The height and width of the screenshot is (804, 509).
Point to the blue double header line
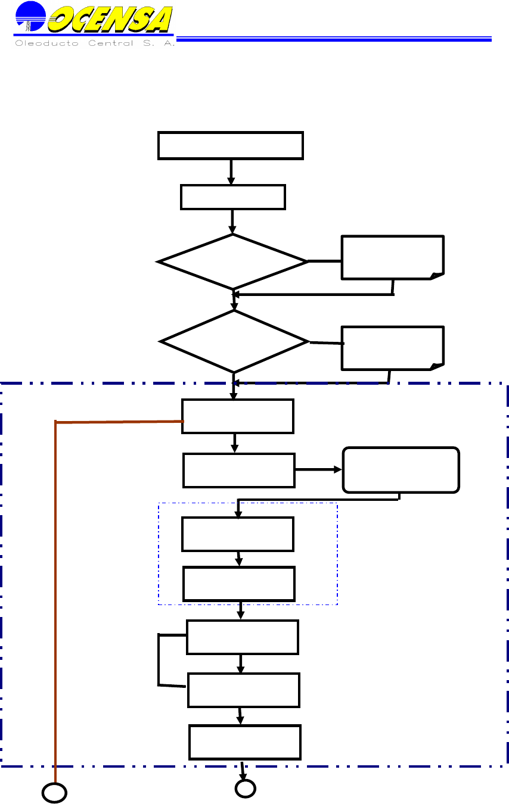tap(334, 39)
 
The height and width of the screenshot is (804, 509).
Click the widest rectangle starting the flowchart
tap(231, 145)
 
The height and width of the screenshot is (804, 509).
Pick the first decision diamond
tap(232, 261)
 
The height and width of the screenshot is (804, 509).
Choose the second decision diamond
tap(234, 341)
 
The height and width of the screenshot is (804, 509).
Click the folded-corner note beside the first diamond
tap(392, 257)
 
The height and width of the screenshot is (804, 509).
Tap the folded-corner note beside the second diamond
tap(392, 348)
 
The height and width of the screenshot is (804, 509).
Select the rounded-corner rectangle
tap(401, 469)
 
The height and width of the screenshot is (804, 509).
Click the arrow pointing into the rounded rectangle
tap(319, 470)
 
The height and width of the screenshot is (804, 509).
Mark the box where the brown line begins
tap(237, 416)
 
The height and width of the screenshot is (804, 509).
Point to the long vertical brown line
tap(55, 596)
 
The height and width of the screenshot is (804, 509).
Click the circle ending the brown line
tap(54, 793)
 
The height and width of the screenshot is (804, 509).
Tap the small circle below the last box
tap(245, 789)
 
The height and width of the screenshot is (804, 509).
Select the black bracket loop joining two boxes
tap(160, 660)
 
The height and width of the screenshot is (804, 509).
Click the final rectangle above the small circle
tap(245, 742)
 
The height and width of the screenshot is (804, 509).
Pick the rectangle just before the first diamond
tap(232, 197)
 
